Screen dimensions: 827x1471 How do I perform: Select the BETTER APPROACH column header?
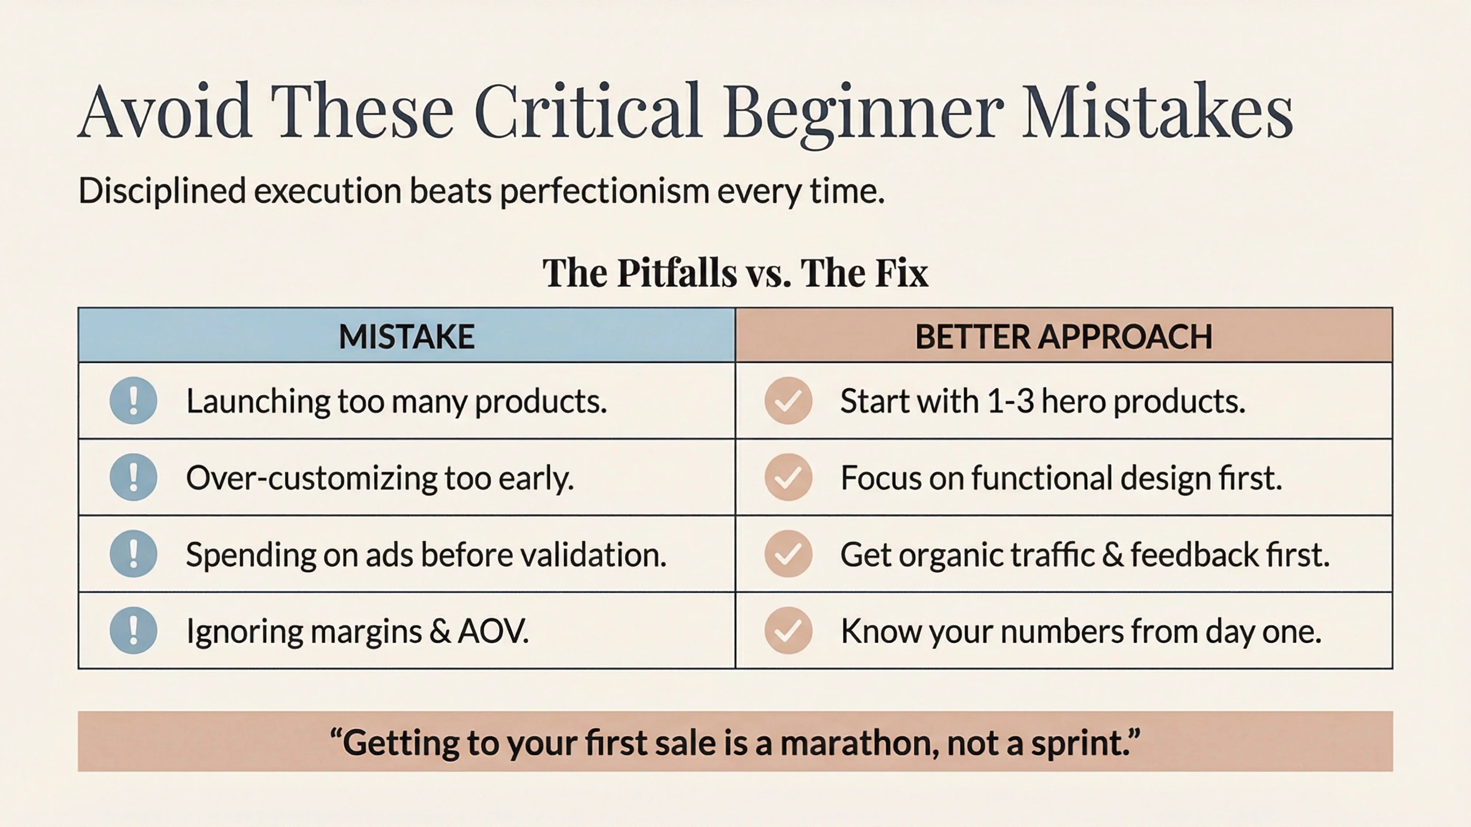[1063, 336]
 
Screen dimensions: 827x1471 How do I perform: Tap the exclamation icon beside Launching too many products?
[133, 401]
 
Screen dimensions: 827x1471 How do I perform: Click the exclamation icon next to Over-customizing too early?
[133, 477]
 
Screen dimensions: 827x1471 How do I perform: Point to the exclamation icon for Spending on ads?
[133, 554]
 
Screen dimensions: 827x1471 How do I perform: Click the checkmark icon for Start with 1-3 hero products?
[788, 401]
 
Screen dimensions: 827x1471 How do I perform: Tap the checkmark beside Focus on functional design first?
[788, 477]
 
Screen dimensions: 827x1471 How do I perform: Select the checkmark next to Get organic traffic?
[788, 554]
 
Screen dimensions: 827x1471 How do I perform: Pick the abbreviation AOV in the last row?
[492, 631]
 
